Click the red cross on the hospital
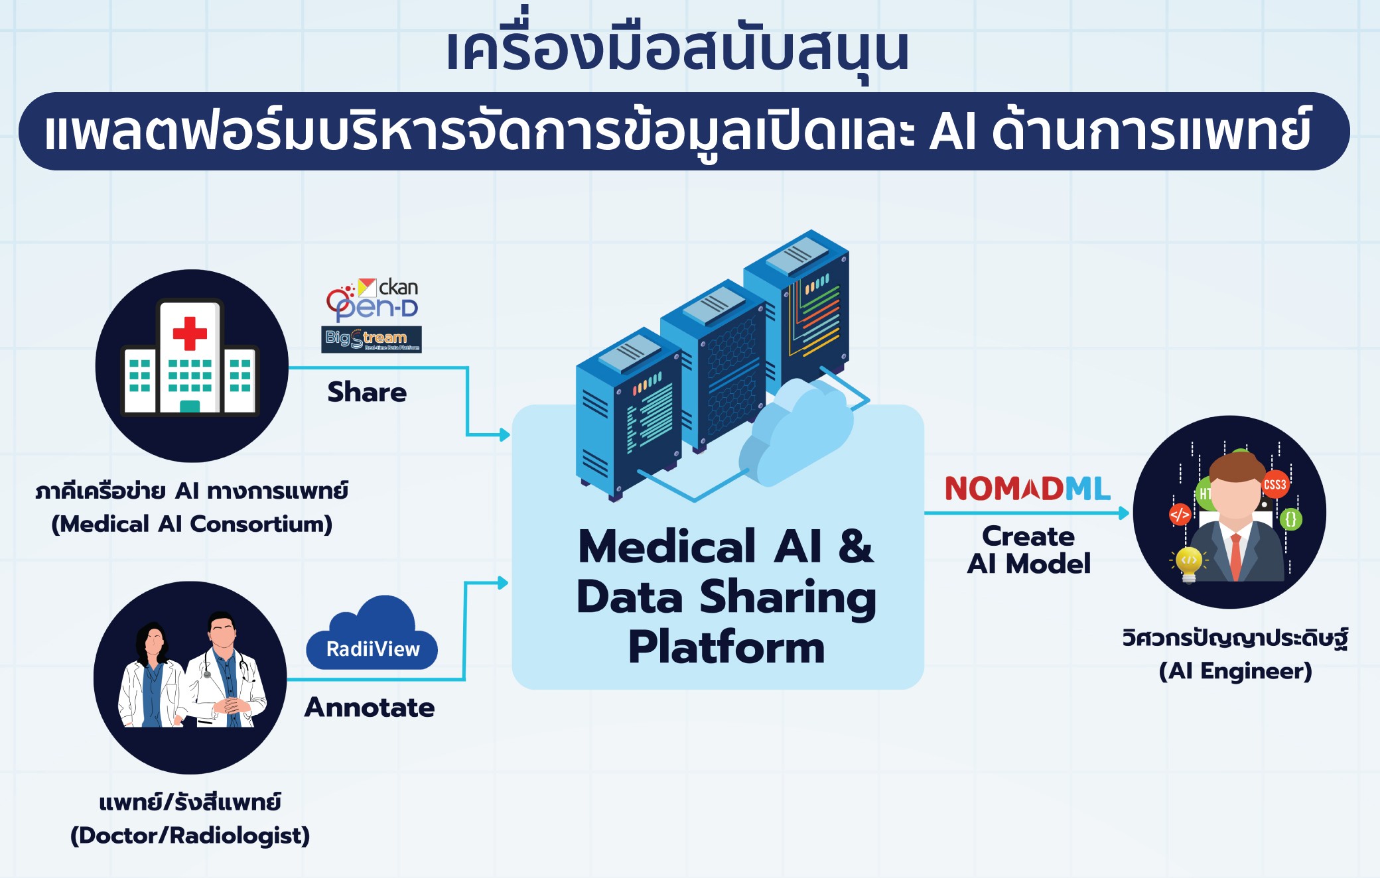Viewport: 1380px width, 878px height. pyautogui.click(x=190, y=333)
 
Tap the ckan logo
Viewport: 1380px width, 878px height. pyautogui.click(x=389, y=287)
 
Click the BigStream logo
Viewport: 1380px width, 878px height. pyautogui.click(x=372, y=340)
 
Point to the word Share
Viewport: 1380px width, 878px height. pyautogui.click(x=367, y=392)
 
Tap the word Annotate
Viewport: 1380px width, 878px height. pyautogui.click(x=370, y=708)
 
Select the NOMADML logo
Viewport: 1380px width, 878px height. pyautogui.click(x=1027, y=489)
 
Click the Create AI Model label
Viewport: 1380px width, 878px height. pyautogui.click(x=1028, y=550)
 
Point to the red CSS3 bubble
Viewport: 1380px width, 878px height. pyautogui.click(x=1275, y=484)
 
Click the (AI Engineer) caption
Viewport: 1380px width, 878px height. pyautogui.click(x=1235, y=671)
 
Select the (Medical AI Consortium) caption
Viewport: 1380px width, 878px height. pyautogui.click(x=192, y=525)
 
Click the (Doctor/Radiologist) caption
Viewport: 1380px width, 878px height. pyautogui.click(x=190, y=836)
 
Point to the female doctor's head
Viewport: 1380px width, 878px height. pyautogui.click(x=154, y=640)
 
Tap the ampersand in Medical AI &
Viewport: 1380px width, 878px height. pyautogui.click(x=856, y=546)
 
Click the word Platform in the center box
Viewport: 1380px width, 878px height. pyautogui.click(x=726, y=648)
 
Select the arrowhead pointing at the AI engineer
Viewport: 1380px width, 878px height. pyautogui.click(x=1124, y=513)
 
